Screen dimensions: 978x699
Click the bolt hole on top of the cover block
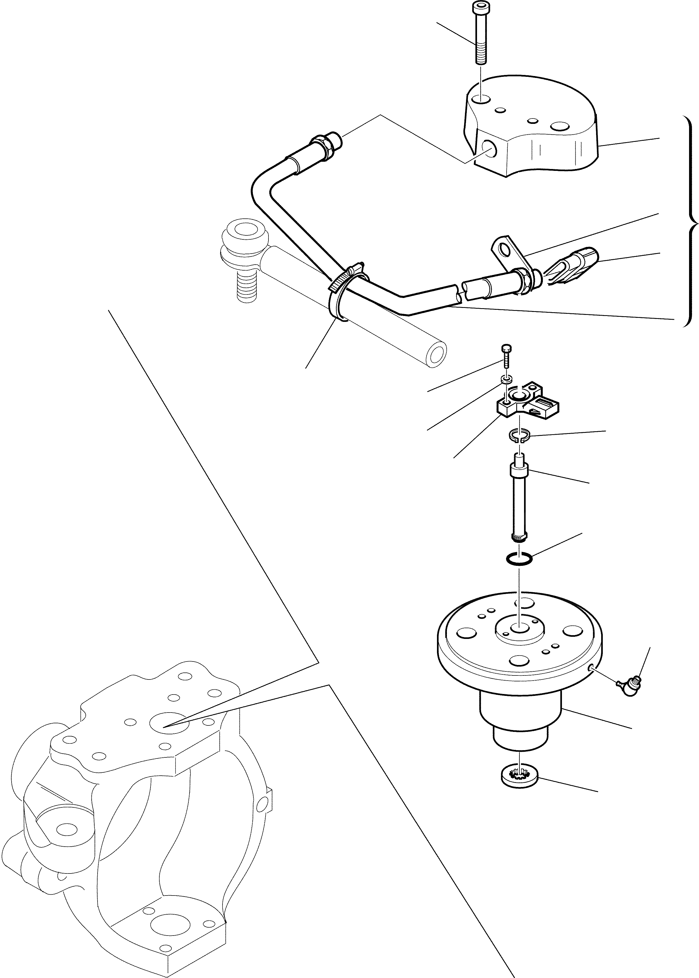point(480,100)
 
